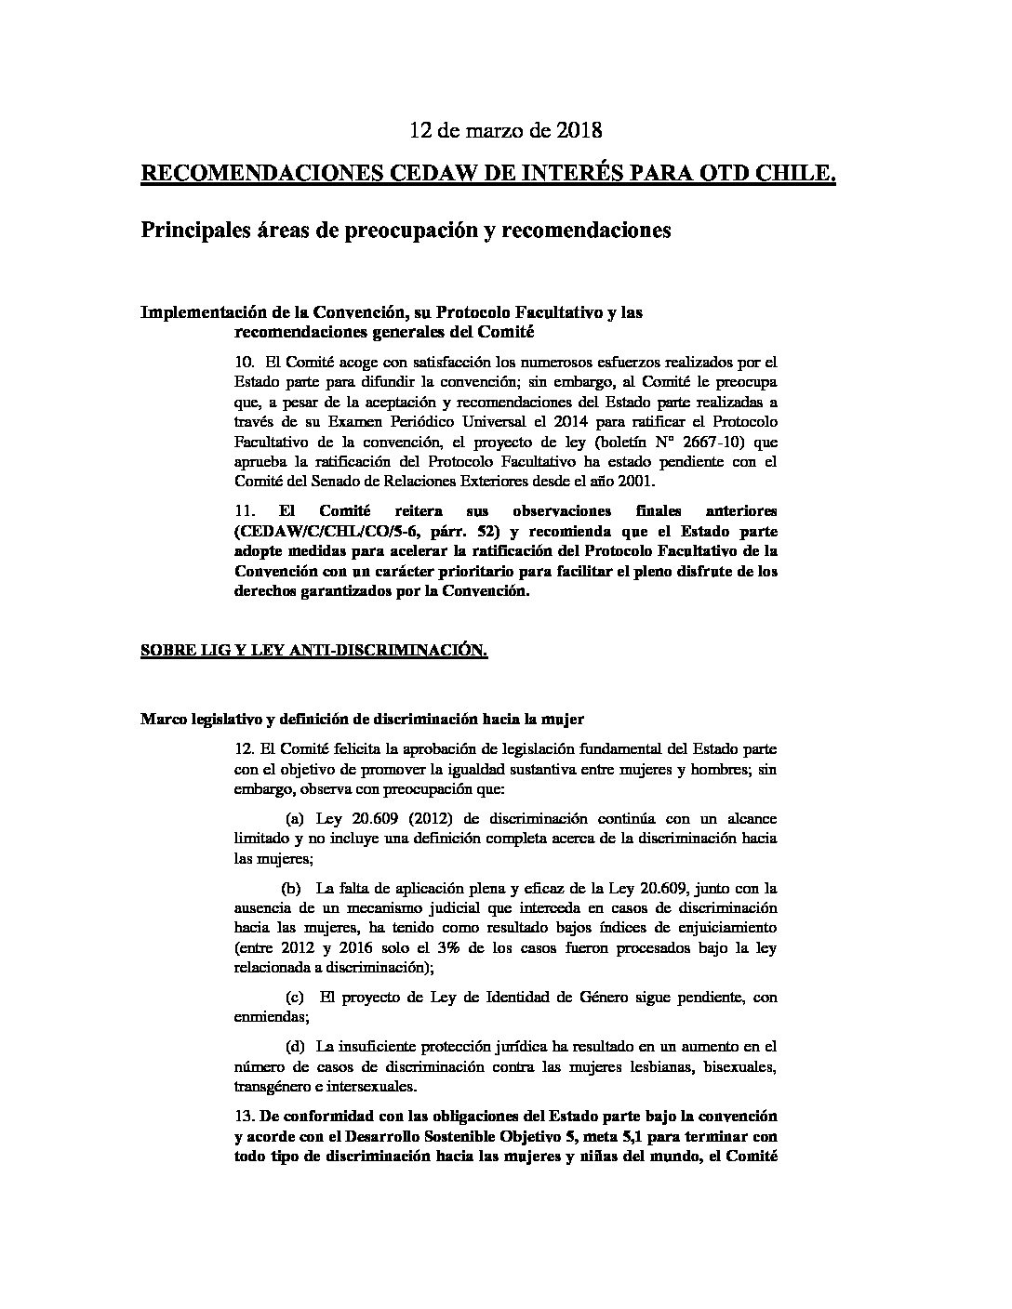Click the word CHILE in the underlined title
click(795, 174)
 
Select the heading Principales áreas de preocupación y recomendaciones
click(406, 230)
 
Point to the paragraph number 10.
click(245, 361)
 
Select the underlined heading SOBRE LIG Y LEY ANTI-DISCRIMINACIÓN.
click(313, 652)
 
